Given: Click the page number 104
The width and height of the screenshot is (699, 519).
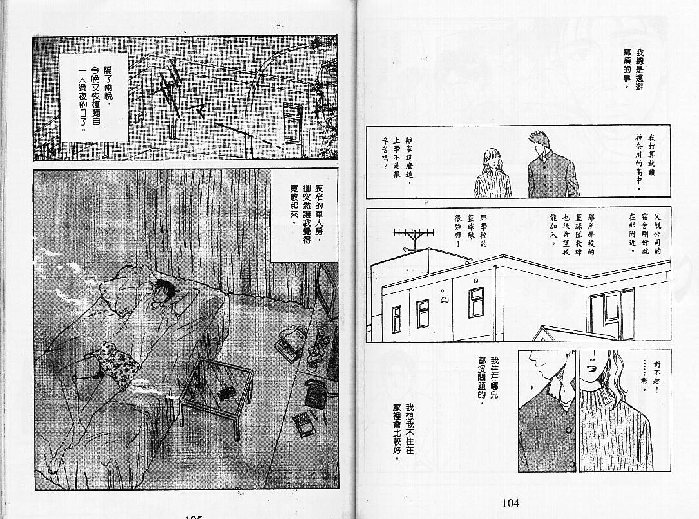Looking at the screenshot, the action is coord(510,504).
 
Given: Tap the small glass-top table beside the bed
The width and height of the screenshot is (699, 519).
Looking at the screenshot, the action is coord(215,391).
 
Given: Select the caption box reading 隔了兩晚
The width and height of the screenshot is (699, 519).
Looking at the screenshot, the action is coord(93,98).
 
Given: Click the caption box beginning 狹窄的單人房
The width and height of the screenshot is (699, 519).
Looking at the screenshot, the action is coord(304,215).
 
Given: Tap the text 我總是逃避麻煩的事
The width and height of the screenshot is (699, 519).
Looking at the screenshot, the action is coord(633,68).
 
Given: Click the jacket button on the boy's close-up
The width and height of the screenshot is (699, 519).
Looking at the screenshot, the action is coord(568,430).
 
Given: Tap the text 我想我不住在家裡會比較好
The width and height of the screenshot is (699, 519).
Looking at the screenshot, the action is coord(403,431).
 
